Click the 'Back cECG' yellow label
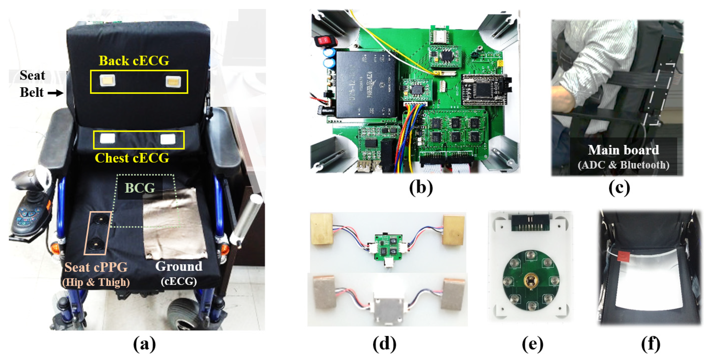(134, 61)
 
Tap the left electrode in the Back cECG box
(108, 81)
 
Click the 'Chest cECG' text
(132, 158)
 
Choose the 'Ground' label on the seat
(179, 266)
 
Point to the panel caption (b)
(421, 188)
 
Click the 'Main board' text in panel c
(623, 150)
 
